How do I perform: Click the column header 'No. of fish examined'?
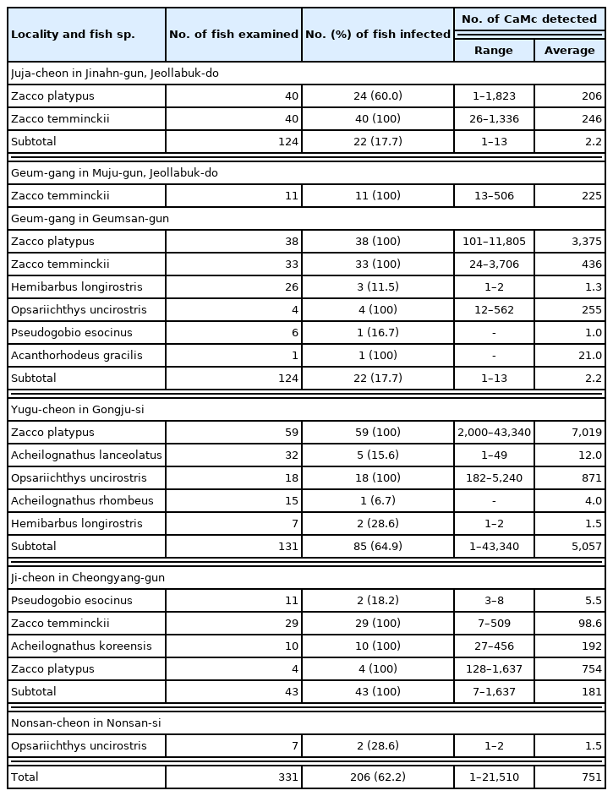point(233,35)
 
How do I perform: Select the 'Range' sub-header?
point(494,51)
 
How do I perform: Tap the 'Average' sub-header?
point(569,51)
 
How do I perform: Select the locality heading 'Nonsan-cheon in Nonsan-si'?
point(85,722)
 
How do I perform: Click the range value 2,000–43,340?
point(494,433)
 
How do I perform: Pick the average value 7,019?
point(586,433)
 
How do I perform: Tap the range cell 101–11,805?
point(494,242)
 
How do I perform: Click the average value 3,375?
point(586,242)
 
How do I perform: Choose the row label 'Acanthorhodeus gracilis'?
point(76,356)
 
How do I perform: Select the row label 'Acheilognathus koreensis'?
point(81,646)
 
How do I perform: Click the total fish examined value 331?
point(288,777)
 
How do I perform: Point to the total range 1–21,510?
point(494,777)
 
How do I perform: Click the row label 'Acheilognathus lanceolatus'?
point(86,455)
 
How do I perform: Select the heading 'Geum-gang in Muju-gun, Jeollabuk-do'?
point(114,172)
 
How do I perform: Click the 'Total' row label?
point(25,777)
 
